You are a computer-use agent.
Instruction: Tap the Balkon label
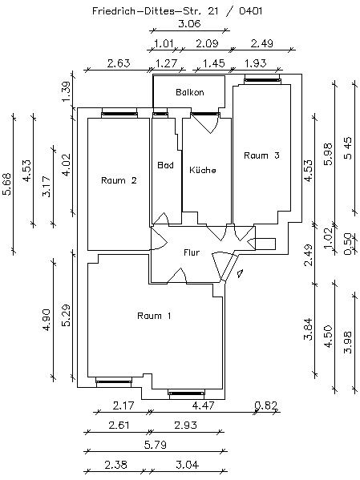pos(190,92)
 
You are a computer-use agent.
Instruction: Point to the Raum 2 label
pos(119,180)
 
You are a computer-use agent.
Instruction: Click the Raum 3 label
pos(261,155)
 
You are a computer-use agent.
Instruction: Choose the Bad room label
pos(166,165)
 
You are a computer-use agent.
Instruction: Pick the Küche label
pos(203,170)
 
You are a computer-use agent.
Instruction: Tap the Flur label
pos(191,252)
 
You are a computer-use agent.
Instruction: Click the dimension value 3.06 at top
pos(189,24)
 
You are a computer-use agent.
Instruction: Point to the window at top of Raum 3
pos(261,80)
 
